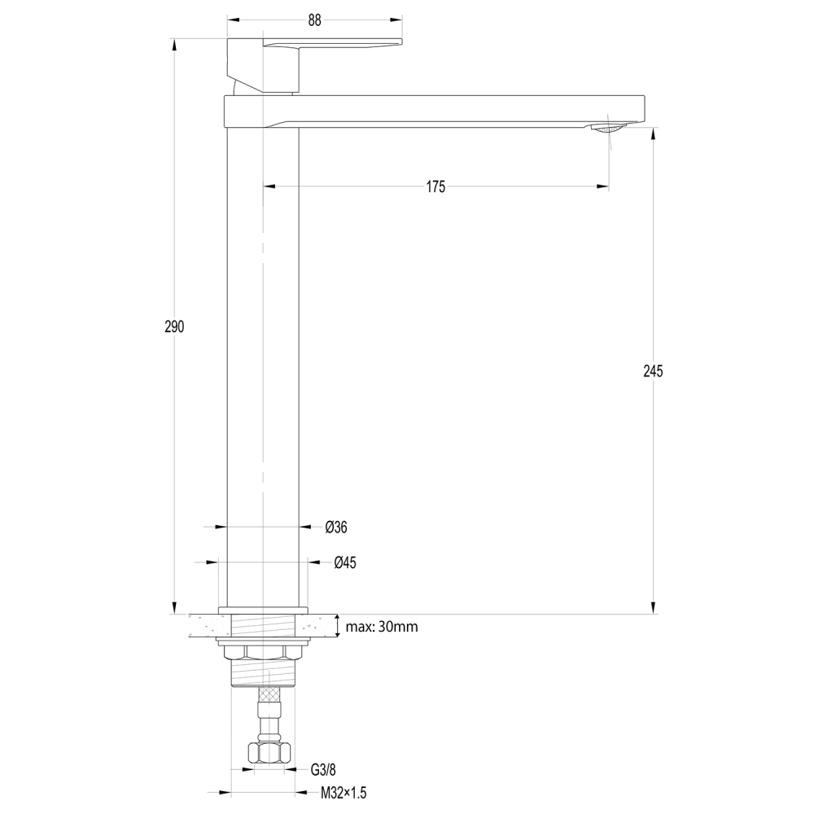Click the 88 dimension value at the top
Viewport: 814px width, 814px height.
point(314,20)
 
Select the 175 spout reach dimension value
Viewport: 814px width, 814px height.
point(435,187)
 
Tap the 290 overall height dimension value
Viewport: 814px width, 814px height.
point(174,327)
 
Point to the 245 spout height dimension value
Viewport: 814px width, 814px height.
point(653,371)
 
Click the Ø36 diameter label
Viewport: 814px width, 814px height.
point(336,527)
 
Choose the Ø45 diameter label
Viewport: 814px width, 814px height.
point(345,562)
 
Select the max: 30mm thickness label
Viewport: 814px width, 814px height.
point(382,627)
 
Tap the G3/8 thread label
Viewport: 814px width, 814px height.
point(323,770)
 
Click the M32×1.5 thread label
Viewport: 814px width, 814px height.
point(344,793)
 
